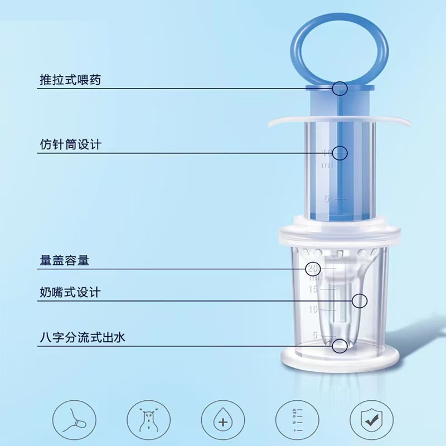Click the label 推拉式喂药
click(x=70, y=80)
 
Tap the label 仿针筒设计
click(x=71, y=144)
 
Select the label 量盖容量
click(x=64, y=260)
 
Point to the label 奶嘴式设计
click(x=70, y=292)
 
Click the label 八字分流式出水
click(x=83, y=338)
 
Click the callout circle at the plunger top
click(x=340, y=89)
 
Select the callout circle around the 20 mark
click(x=313, y=269)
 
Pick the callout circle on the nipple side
click(x=360, y=300)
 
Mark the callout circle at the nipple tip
click(x=340, y=346)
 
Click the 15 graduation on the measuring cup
click(x=313, y=289)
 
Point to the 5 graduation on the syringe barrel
click(x=327, y=199)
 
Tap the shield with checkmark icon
click(x=371, y=420)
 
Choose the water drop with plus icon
click(x=223, y=420)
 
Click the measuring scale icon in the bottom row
click(x=297, y=420)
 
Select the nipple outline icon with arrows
click(x=149, y=420)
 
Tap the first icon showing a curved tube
click(x=74, y=420)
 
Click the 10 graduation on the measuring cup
click(x=313, y=309)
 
